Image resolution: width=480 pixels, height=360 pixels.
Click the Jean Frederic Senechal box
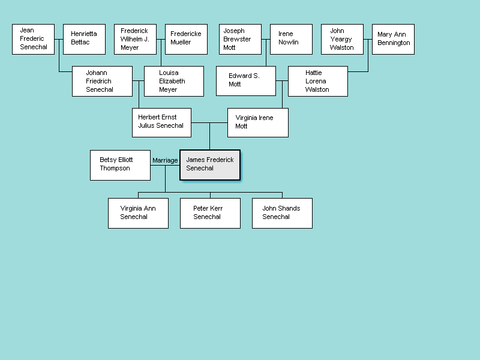33,39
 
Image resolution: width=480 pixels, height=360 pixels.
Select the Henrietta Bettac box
84,39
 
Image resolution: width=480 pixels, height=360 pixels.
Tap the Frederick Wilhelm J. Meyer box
135,39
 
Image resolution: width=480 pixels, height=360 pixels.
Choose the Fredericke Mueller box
186,39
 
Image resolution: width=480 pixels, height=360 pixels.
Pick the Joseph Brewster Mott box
240,39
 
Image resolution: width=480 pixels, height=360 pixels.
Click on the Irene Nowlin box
291,39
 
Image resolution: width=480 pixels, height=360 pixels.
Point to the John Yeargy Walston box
342,39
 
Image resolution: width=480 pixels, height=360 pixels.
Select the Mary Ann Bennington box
393,39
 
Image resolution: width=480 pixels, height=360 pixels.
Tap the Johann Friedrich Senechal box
102,81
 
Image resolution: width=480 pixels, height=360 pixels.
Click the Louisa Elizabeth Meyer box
174,81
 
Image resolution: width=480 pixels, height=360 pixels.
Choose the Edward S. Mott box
246,81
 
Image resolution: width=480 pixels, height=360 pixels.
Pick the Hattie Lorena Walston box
318,81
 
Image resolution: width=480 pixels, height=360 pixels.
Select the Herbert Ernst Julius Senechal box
162,122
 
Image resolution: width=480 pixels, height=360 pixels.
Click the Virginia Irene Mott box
258,122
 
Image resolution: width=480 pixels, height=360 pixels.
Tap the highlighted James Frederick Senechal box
210,165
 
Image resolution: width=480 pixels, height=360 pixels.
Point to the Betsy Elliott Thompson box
120,165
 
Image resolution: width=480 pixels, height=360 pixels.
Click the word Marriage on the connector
165,161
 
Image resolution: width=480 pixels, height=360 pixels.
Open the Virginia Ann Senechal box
138,213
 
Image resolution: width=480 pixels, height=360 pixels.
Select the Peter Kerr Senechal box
210,213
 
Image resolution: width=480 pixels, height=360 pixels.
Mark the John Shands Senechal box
282,213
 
